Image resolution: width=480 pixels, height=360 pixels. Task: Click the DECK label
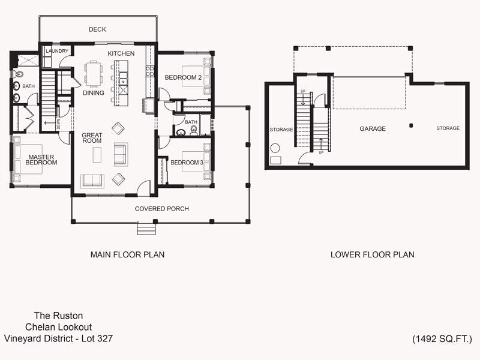click(x=97, y=29)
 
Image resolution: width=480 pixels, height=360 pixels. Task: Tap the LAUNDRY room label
click(x=57, y=51)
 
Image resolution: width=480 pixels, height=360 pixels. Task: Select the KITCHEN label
click(x=121, y=53)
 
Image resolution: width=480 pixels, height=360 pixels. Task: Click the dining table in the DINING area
click(x=94, y=74)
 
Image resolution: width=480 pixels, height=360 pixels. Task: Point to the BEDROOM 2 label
click(x=183, y=77)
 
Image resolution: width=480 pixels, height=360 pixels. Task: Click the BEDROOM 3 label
click(x=187, y=163)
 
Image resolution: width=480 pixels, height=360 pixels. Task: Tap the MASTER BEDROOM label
click(x=41, y=160)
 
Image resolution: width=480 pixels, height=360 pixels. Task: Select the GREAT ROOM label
click(x=92, y=138)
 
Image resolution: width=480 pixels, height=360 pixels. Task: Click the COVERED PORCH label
click(x=162, y=209)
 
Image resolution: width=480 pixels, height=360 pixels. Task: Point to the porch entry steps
click(x=146, y=229)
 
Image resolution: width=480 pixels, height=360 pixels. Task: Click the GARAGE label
click(x=373, y=128)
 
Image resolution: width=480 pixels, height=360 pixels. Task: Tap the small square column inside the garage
click(x=411, y=125)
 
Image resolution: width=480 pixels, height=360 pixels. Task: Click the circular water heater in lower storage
click(x=275, y=148)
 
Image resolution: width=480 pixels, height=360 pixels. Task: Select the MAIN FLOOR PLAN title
click(x=127, y=254)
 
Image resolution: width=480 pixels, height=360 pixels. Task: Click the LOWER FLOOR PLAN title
click(x=372, y=254)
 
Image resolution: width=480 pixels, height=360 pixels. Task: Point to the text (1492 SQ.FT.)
click(x=442, y=339)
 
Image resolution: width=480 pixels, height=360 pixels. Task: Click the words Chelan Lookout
click(x=58, y=327)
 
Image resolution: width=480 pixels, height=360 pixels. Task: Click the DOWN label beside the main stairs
click(x=58, y=124)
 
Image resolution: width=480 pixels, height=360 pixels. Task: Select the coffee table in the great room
click(x=97, y=155)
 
